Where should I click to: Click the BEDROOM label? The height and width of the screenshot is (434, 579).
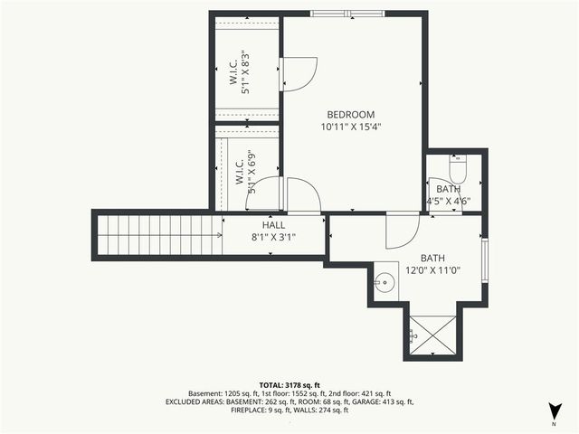(350, 114)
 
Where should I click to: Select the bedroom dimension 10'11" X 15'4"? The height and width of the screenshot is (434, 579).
(350, 127)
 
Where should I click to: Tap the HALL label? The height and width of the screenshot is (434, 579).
(273, 225)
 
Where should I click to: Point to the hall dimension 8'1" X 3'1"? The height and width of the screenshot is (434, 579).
(273, 237)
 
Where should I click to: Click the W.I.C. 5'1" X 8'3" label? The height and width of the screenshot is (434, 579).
(239, 73)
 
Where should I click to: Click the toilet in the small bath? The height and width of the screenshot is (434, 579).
(457, 169)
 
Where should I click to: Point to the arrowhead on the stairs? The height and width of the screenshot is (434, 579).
(220, 235)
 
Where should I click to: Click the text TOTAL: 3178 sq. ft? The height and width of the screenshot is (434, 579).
(289, 384)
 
